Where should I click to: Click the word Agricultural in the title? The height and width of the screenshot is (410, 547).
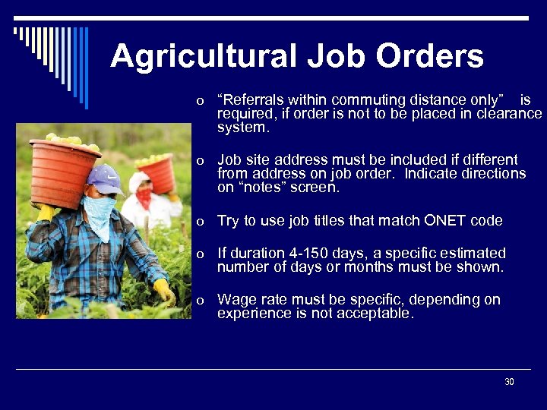pyautogui.click(x=202, y=56)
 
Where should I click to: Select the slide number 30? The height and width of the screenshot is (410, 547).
pyautogui.click(x=509, y=382)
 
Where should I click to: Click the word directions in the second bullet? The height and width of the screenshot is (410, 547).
pyautogui.click(x=490, y=174)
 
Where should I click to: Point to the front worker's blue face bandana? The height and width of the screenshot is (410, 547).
pyautogui.click(x=100, y=212)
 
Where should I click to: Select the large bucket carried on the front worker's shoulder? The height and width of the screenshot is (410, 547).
pyautogui.click(x=65, y=171)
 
